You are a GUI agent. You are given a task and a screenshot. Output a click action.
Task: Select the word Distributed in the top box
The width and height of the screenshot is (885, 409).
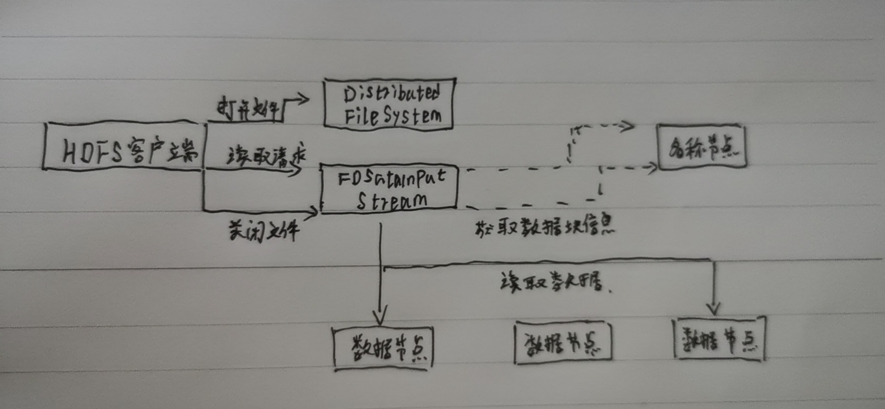pos(392,94)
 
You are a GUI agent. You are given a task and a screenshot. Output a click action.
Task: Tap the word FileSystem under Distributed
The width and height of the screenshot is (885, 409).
pos(393,115)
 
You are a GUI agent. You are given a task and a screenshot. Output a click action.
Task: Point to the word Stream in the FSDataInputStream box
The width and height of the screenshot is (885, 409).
pos(392,201)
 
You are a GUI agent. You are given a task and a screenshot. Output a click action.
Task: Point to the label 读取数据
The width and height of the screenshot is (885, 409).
pos(551,281)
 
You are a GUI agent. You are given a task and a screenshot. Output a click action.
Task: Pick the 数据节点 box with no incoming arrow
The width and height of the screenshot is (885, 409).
pos(562,343)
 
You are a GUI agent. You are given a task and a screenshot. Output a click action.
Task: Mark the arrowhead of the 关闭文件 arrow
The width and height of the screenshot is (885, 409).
pos(314,212)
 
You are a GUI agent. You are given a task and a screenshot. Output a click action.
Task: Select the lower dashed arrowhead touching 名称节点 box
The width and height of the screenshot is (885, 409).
pos(653,167)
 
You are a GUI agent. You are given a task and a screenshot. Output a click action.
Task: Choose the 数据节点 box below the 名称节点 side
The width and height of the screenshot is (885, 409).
pos(719,339)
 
